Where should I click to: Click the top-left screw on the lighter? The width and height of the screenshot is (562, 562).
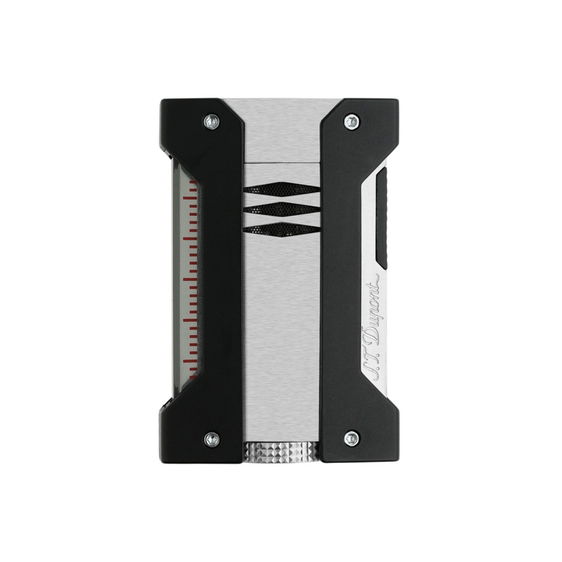(x=211, y=122)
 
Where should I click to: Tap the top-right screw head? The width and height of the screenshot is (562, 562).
(x=351, y=122)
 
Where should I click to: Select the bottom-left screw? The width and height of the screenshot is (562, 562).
(x=211, y=439)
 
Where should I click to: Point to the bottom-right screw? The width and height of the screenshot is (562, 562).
(x=351, y=439)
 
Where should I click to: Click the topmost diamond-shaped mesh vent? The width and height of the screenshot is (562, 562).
(x=281, y=189)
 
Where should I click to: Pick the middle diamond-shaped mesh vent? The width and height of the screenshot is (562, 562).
(x=281, y=209)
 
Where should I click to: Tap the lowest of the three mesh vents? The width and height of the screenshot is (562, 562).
(x=281, y=228)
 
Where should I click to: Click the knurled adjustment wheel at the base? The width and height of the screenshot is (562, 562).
(x=281, y=452)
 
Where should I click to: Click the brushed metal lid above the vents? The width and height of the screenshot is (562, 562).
(x=281, y=130)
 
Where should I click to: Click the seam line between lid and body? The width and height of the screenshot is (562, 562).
(x=281, y=164)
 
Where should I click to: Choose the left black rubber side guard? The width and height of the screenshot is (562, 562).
(x=211, y=281)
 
